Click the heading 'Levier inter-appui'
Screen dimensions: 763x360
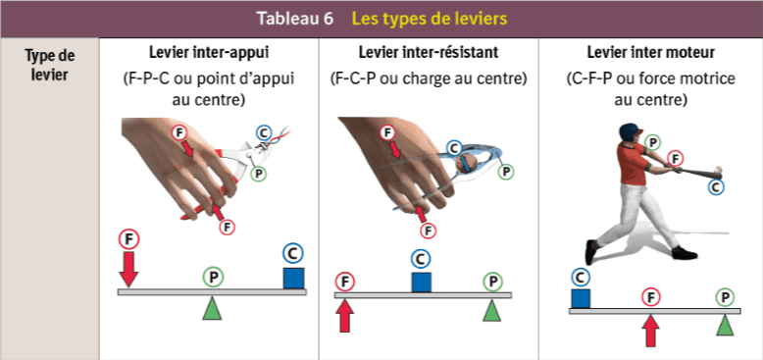click(209, 52)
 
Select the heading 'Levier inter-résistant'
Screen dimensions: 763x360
click(429, 52)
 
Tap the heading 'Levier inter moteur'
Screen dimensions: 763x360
click(650, 52)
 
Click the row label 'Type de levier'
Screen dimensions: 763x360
click(50, 66)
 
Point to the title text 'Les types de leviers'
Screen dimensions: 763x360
click(430, 19)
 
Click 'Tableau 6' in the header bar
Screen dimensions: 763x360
click(295, 19)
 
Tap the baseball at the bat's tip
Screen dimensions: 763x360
click(718, 170)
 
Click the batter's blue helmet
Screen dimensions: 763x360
click(630, 131)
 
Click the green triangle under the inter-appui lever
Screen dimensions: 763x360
click(212, 308)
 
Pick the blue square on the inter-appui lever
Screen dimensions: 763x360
click(294, 278)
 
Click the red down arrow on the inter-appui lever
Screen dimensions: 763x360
click(128, 269)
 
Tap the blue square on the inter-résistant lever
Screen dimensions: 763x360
click(422, 283)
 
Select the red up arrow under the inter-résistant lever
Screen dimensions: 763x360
click(345, 316)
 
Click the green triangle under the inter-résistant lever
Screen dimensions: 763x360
click(492, 310)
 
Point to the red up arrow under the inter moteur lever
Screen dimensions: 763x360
click(650, 331)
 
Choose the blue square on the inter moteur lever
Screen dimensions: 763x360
click(581, 298)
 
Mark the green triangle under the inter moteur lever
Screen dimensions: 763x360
click(725, 325)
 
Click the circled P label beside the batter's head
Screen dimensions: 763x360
click(652, 142)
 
